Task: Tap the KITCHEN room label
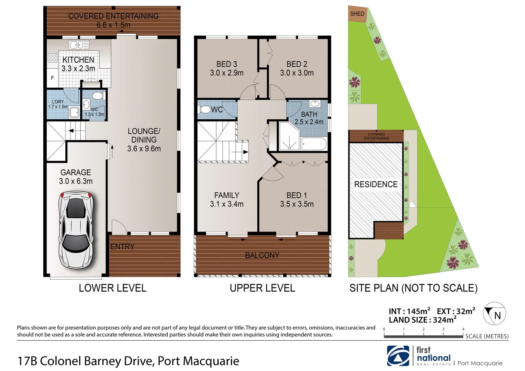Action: [x=78, y=60]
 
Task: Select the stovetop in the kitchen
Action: [x=52, y=57]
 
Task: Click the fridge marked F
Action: [x=52, y=78]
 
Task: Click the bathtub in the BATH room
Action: [x=314, y=144]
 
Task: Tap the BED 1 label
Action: [x=297, y=195]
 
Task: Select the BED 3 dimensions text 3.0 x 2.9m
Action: [x=226, y=73]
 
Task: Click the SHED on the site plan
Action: [x=357, y=14]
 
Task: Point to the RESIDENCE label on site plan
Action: [x=376, y=184]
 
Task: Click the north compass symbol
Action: [x=494, y=314]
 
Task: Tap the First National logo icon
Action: [x=398, y=356]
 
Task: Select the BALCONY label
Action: [x=262, y=255]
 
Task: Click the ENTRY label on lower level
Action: [x=122, y=247]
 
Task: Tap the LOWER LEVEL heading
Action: [x=112, y=288]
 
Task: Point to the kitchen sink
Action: [x=79, y=45]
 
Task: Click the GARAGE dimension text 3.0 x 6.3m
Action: [x=76, y=181]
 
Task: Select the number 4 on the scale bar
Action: [x=463, y=329]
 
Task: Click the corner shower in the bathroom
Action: [x=289, y=137]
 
